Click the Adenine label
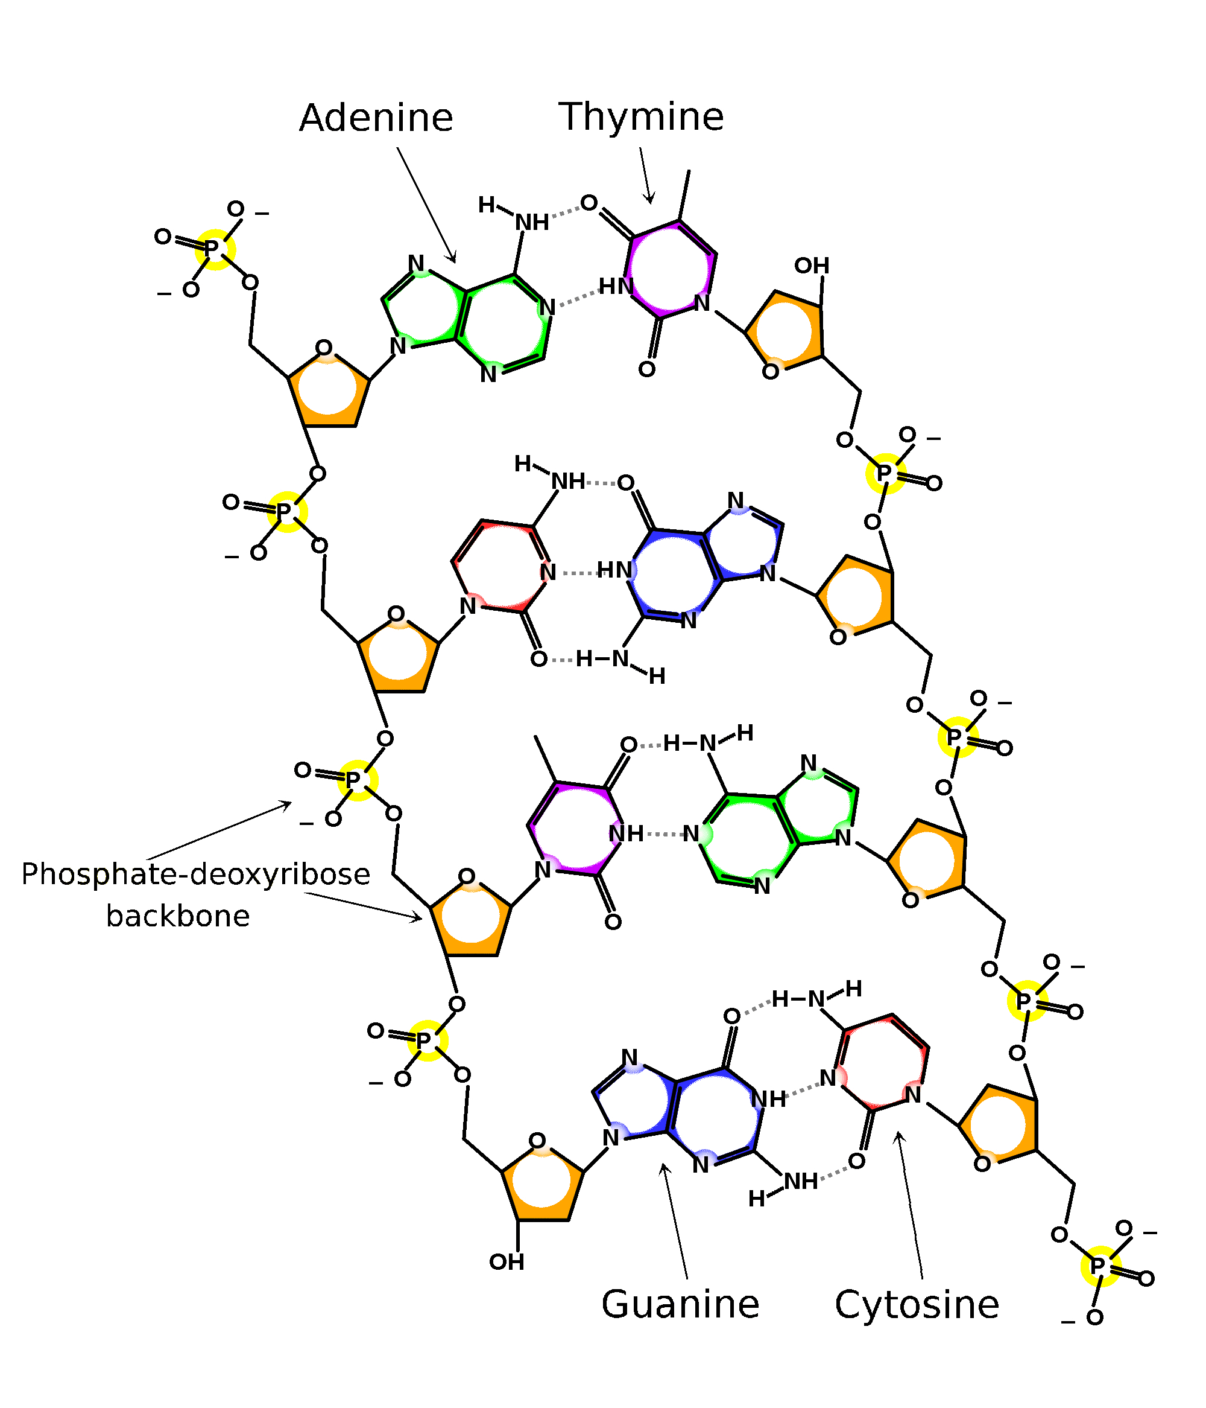click(x=376, y=118)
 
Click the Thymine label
click(x=640, y=117)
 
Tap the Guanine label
click(x=680, y=1304)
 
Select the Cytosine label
click(x=916, y=1305)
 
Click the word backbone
click(x=178, y=916)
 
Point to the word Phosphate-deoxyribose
click(x=195, y=874)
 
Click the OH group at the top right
click(x=812, y=266)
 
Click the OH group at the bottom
click(x=507, y=1262)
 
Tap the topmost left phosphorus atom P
click(x=212, y=249)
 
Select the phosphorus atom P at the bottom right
click(x=1098, y=1266)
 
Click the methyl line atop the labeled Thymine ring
click(x=684, y=195)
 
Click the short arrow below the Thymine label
click(x=646, y=175)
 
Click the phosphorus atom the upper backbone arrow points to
click(x=354, y=780)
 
